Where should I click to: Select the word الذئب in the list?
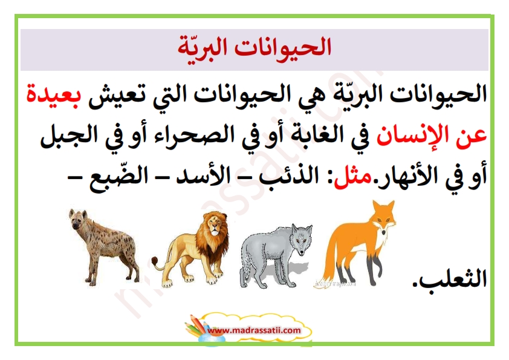tap(288, 177)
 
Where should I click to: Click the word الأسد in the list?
tap(203, 177)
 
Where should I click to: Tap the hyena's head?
tap(80, 221)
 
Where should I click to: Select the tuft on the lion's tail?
tap(155, 261)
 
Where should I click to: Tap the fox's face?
tap(384, 221)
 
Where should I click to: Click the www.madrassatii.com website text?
tap(254, 330)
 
